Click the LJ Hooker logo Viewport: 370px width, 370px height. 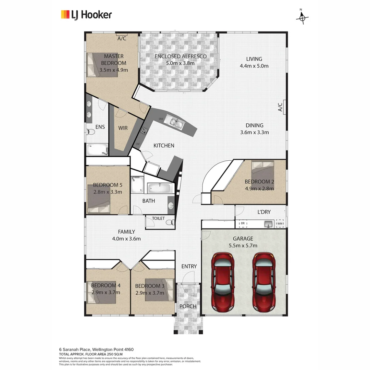click(x=86, y=15)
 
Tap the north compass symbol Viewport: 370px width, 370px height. click(x=302, y=18)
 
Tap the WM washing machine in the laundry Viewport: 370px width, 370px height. click(x=280, y=224)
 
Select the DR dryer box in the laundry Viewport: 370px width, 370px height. click(x=243, y=224)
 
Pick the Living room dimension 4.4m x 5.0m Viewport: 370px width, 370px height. click(x=254, y=66)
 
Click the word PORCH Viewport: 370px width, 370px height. click(x=188, y=306)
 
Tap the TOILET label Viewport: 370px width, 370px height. click(x=158, y=218)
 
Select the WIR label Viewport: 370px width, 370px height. click(x=123, y=128)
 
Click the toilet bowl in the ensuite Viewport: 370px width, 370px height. click(x=91, y=132)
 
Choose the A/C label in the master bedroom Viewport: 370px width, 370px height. click(x=122, y=38)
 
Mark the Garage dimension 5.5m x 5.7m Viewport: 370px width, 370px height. click(x=243, y=245)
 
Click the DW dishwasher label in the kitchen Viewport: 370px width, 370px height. click(x=161, y=119)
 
